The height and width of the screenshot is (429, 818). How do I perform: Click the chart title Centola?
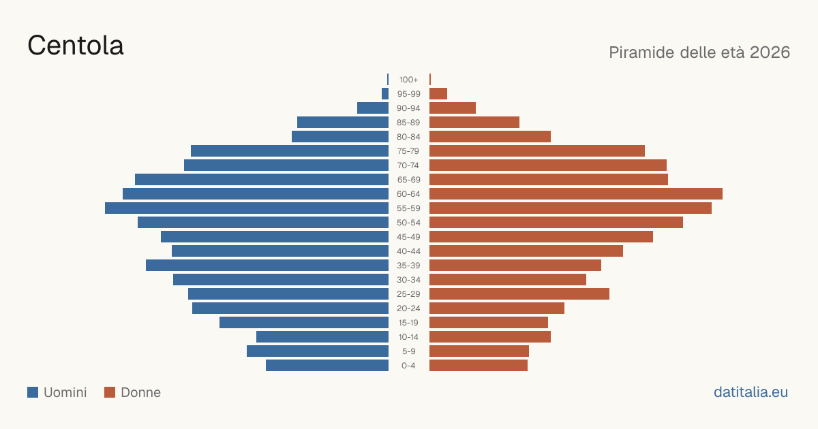click(x=76, y=46)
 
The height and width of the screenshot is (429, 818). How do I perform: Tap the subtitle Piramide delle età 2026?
click(x=699, y=52)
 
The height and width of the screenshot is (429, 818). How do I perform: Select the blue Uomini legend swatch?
click(x=33, y=392)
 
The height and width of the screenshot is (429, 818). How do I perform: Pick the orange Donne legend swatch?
click(x=110, y=392)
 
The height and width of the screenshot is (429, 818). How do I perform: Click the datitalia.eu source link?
click(x=751, y=392)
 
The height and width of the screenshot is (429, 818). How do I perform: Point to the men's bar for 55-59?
click(x=247, y=208)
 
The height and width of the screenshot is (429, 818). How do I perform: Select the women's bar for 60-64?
click(x=576, y=193)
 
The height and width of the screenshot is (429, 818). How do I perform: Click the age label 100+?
click(x=408, y=80)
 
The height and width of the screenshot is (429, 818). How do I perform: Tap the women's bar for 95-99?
click(x=438, y=94)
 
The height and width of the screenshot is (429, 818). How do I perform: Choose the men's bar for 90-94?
click(x=373, y=108)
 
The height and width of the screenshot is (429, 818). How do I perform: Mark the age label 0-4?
click(x=408, y=366)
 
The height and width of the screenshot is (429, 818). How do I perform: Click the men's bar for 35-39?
click(x=267, y=265)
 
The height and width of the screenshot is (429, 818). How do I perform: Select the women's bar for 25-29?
click(x=519, y=294)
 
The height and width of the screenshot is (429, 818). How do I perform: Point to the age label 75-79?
click(x=408, y=151)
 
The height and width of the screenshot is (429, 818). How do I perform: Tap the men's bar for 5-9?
click(x=318, y=351)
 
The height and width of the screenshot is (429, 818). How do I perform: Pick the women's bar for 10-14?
click(x=490, y=336)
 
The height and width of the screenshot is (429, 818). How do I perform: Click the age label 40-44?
click(x=408, y=251)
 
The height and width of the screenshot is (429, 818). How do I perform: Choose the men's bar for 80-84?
click(x=340, y=136)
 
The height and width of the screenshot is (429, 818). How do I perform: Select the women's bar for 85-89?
click(x=474, y=122)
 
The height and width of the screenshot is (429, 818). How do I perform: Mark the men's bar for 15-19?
click(x=304, y=323)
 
